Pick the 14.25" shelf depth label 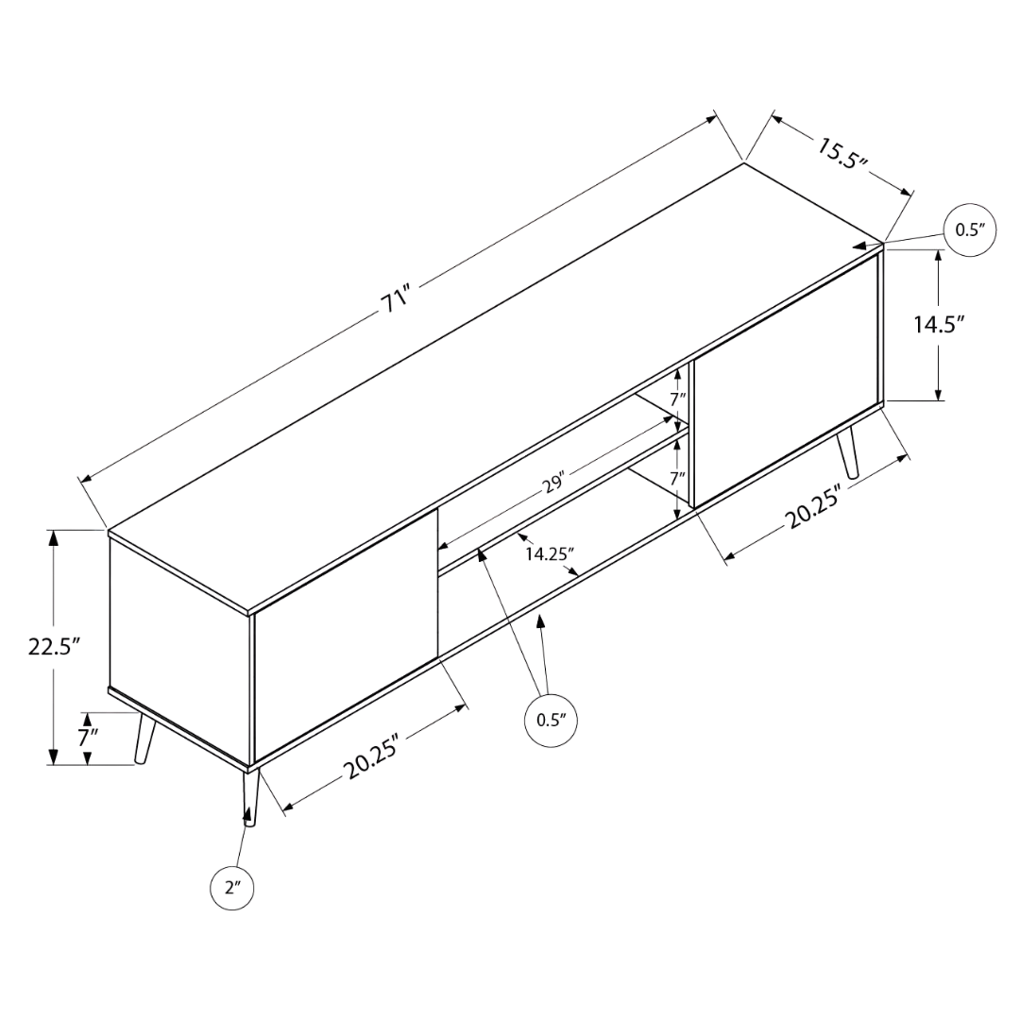[550, 554]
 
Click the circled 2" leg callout [232, 888]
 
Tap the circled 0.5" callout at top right [970, 230]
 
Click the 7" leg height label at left [89, 739]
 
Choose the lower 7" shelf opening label [678, 478]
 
